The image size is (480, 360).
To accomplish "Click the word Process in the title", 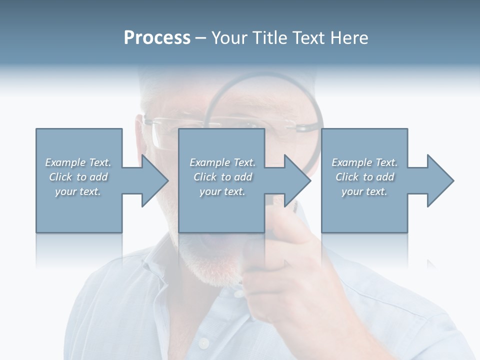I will coord(157,38).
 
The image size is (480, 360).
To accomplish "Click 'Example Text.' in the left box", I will coord(78,162).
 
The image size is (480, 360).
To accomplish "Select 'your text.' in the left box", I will coord(78,191).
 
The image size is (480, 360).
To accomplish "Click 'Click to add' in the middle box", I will coord(222,177).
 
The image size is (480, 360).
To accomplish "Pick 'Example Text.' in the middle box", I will coord(222,162).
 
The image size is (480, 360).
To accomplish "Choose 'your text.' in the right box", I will coord(364,191).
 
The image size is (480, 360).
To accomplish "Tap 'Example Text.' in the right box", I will coord(364,162).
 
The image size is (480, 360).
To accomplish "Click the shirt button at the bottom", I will coord(203,343).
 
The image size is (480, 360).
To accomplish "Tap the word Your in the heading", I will coord(229,38).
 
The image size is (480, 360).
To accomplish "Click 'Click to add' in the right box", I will coord(364,177).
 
